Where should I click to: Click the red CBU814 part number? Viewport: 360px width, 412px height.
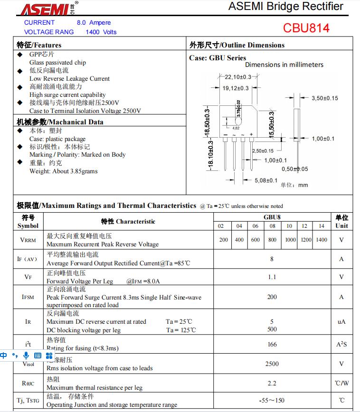306,28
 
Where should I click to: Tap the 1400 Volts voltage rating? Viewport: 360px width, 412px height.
101,32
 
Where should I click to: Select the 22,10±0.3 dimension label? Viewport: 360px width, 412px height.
238,77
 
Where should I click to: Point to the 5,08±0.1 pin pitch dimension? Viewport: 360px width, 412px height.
266,180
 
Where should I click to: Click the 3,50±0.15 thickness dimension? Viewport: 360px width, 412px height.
324,98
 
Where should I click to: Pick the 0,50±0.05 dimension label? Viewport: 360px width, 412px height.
294,169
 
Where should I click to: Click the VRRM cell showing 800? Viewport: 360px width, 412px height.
272,240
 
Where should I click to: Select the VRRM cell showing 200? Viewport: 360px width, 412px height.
224,240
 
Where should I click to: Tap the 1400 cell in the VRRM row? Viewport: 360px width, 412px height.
322,240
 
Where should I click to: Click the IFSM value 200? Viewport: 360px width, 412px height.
272,297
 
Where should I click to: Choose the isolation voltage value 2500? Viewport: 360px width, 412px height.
272,364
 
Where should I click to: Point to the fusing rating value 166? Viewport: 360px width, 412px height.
272,344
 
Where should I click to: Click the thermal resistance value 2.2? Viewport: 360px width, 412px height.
272,383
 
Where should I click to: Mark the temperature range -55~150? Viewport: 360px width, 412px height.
272,400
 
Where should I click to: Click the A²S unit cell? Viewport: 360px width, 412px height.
341,344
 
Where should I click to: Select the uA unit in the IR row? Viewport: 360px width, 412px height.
341,321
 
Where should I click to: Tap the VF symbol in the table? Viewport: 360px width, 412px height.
28,277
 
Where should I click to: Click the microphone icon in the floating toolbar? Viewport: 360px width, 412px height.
26,355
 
